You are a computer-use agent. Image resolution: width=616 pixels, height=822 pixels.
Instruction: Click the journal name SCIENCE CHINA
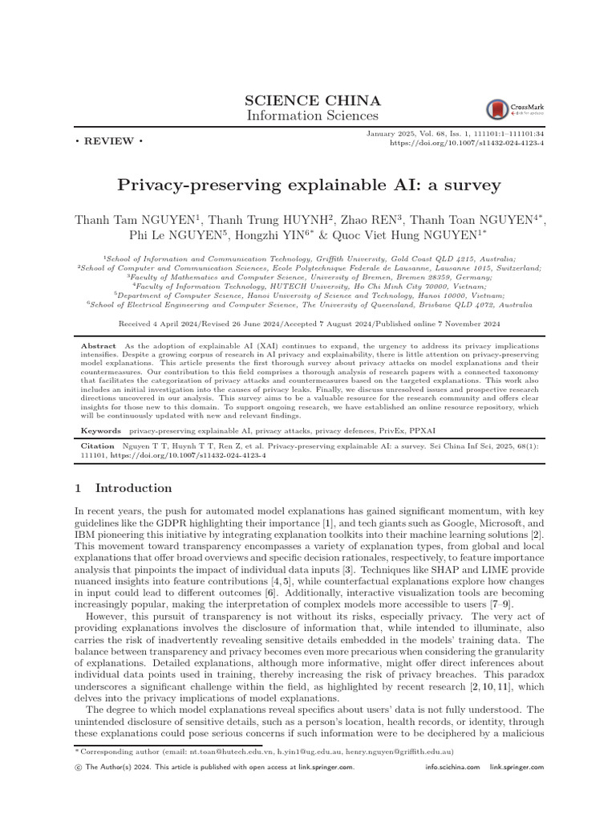pos(308,101)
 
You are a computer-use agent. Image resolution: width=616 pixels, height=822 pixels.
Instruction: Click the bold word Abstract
pos(99,344)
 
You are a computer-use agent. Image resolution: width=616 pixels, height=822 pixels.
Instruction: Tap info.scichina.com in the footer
pos(452,767)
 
